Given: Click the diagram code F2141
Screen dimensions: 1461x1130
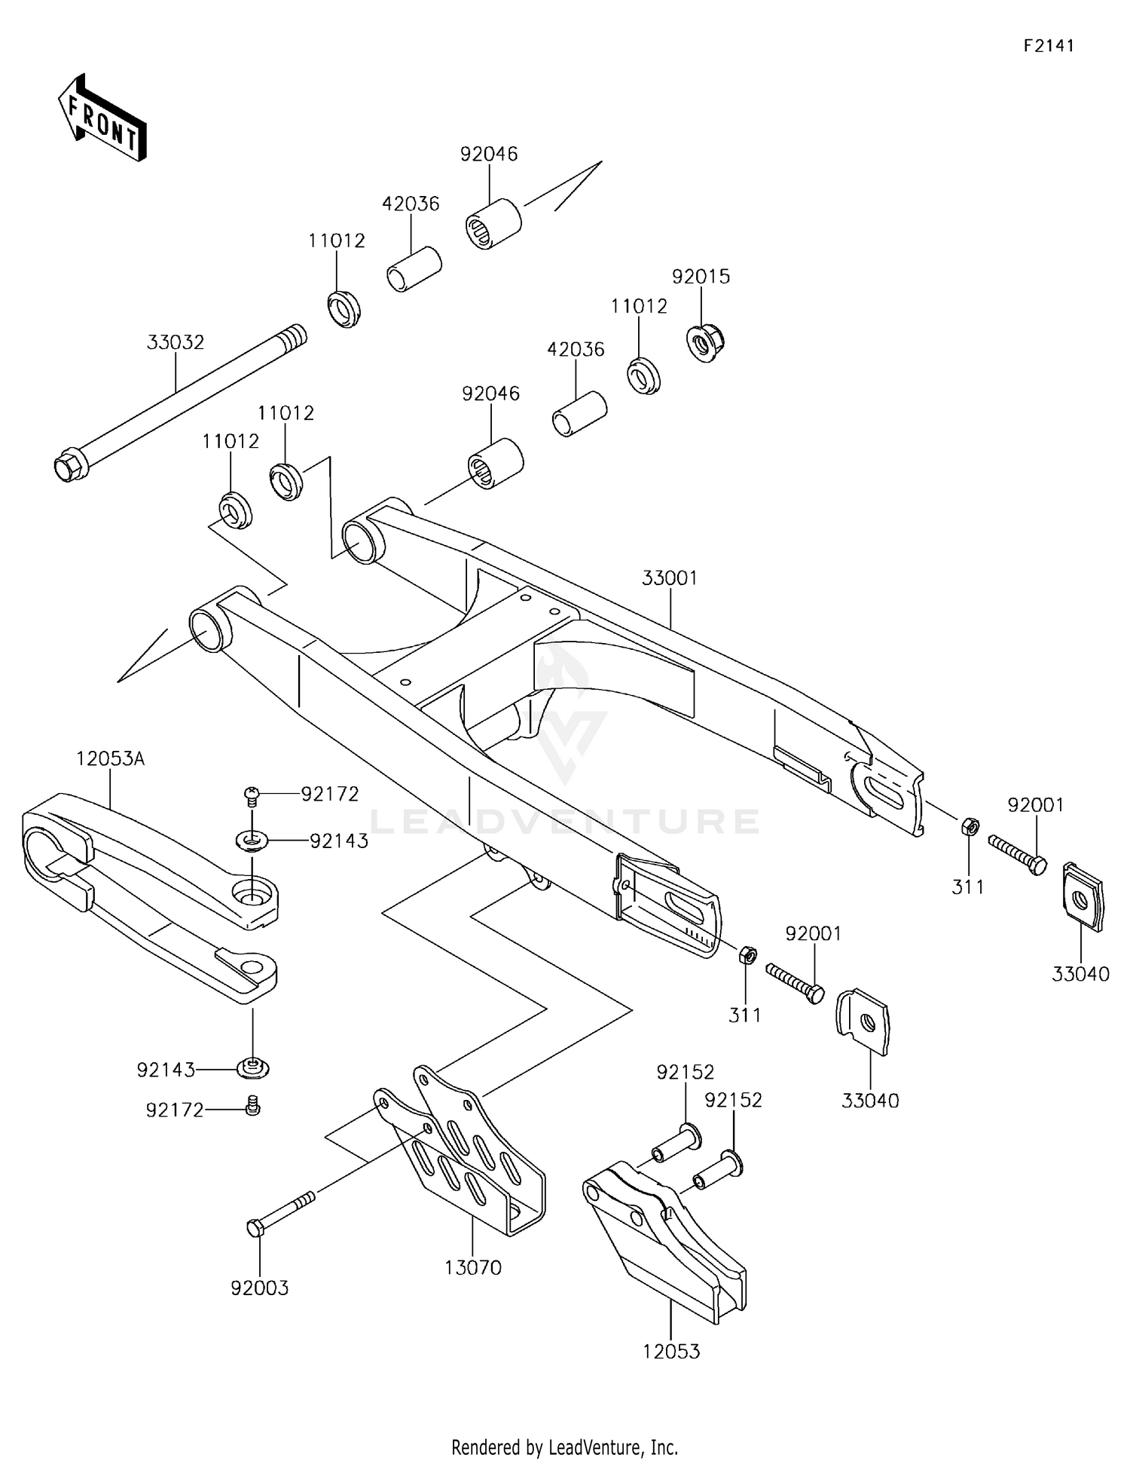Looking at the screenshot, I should coord(1048,45).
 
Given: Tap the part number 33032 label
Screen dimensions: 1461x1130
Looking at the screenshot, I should coord(175,342).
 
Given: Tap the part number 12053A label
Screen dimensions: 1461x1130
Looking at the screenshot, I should coord(110,758).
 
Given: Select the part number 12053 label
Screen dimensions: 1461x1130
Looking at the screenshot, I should coord(670,1352).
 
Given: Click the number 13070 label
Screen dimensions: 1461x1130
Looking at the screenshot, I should coord(472,1268).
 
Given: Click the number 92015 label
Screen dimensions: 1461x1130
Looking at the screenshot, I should coord(701,277).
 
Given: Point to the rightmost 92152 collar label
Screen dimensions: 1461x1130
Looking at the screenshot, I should coord(733,1100).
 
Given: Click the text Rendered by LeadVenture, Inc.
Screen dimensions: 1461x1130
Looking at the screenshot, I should coord(564,1447).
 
